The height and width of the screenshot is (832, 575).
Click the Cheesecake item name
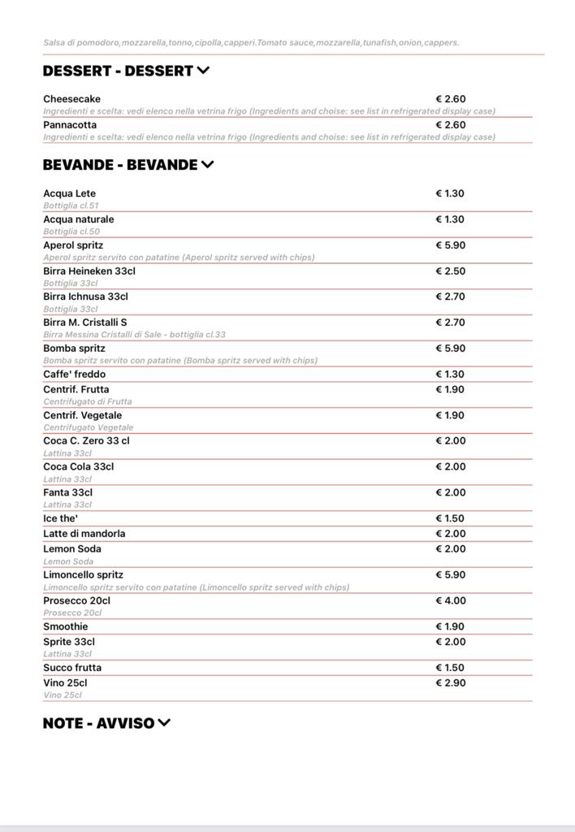[71, 99]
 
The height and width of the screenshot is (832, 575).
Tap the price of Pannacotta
[451, 125]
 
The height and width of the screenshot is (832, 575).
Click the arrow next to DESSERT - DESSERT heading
[203, 71]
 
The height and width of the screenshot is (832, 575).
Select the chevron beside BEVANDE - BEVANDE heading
[207, 165]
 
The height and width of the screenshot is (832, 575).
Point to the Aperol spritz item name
[73, 245]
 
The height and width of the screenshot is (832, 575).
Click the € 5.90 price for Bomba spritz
[451, 349]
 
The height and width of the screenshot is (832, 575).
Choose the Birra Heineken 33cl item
[89, 271]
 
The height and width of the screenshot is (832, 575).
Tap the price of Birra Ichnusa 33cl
[451, 297]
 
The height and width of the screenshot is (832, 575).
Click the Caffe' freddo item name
[74, 375]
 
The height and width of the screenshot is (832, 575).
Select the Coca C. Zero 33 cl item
[86, 441]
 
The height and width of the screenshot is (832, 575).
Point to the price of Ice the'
[451, 518]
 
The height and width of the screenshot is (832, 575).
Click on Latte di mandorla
[84, 534]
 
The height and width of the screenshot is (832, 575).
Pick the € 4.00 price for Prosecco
[451, 601]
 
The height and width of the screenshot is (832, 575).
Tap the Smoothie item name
[66, 627]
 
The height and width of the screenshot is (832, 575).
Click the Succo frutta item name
[72, 668]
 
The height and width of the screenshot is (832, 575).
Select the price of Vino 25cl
[451, 683]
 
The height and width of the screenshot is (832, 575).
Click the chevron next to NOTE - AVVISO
[164, 723]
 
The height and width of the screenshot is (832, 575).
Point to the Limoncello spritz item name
[83, 575]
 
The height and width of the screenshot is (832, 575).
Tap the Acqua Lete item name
[69, 194]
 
